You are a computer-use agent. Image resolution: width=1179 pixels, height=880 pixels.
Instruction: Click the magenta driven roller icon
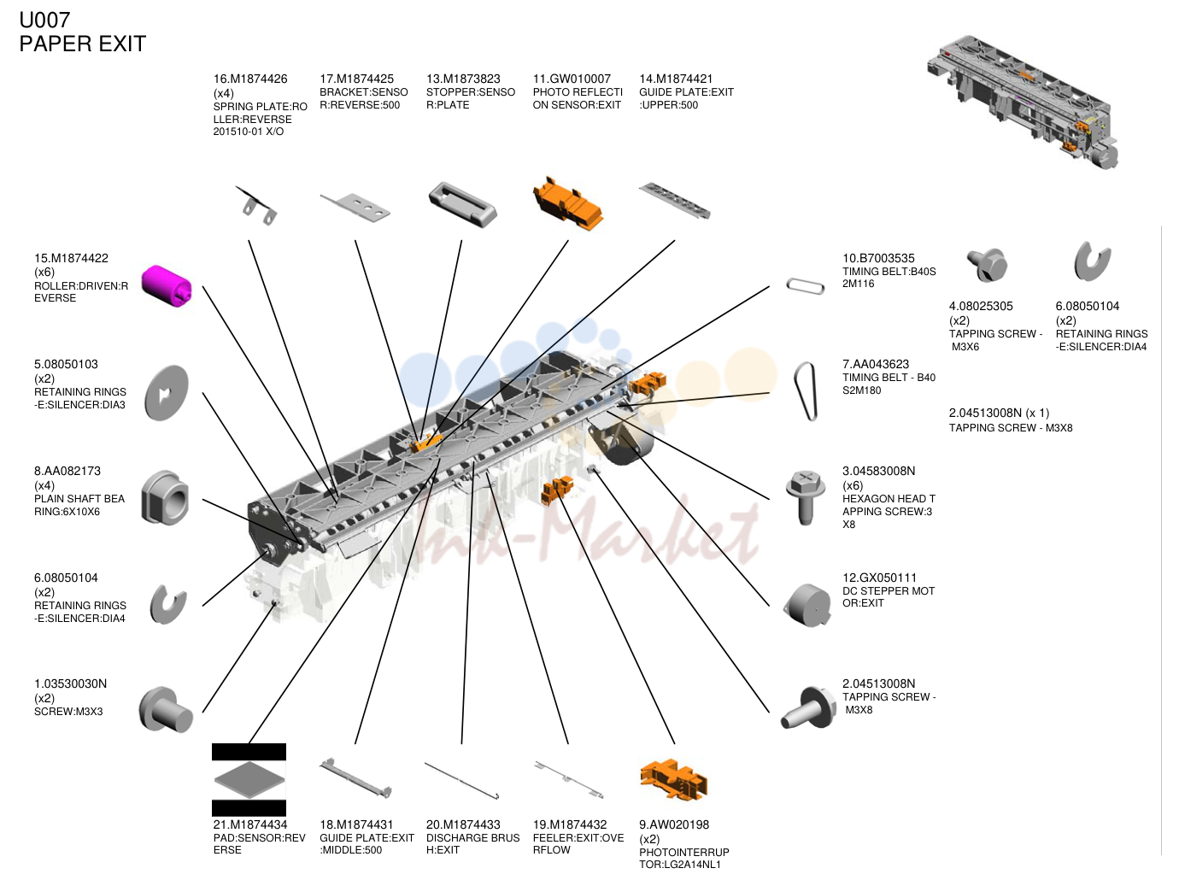[x=167, y=285]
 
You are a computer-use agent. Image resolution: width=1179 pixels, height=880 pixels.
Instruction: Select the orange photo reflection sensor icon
[x=567, y=204]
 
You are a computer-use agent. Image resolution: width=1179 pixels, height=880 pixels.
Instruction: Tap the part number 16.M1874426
[x=250, y=79]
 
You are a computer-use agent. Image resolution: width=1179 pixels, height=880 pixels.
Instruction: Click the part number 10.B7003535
[x=878, y=258]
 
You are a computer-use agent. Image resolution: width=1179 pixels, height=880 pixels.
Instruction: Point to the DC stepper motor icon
[x=807, y=605]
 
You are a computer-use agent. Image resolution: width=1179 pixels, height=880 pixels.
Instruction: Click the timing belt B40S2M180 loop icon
[x=806, y=391]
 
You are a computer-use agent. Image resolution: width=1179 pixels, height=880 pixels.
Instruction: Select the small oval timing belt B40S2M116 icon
[x=805, y=285]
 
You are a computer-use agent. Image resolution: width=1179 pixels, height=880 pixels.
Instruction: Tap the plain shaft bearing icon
[x=166, y=498]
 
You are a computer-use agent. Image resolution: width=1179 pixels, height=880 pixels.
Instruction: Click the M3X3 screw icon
[x=166, y=709]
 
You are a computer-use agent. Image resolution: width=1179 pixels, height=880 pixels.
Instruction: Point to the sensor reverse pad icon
[x=249, y=779]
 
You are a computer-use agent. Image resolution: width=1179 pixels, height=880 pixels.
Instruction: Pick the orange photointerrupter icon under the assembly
[x=673, y=779]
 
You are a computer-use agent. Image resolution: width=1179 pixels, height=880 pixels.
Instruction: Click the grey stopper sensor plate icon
[x=462, y=204]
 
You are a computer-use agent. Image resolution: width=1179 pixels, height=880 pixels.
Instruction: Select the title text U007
[x=44, y=20]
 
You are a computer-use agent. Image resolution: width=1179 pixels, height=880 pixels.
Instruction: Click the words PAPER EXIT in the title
[x=82, y=44]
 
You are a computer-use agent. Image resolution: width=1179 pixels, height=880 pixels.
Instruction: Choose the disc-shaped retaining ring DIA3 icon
[x=167, y=392]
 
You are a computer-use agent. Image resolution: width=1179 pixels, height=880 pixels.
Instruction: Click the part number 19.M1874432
[x=569, y=824]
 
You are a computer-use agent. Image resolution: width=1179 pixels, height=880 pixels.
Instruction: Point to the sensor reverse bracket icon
[x=355, y=206]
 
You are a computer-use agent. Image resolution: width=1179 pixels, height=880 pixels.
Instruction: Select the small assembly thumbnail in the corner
[x=1022, y=102]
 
